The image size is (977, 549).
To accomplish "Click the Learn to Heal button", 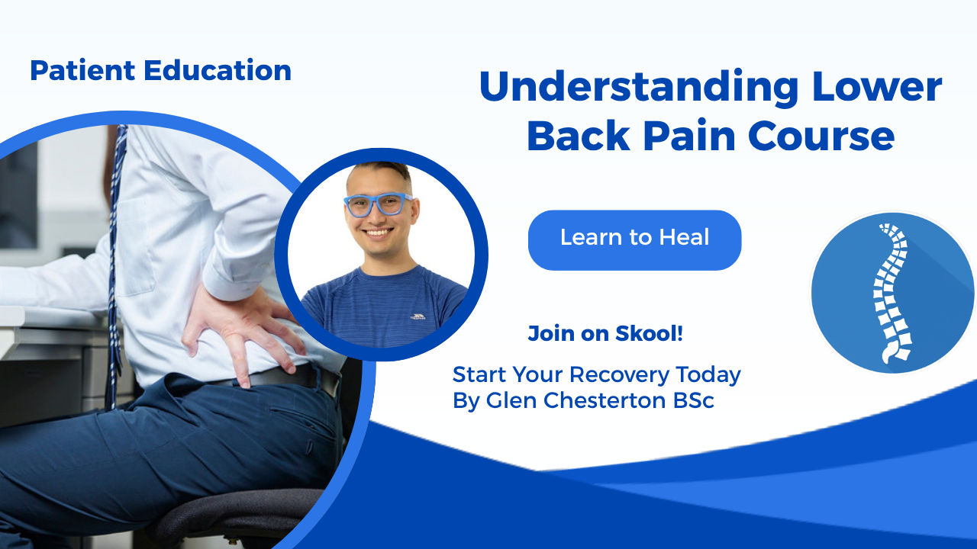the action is coord(634,240).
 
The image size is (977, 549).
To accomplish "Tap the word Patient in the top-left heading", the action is coord(82,70).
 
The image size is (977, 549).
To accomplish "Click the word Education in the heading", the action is coord(218,70).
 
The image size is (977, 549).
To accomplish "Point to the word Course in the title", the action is coord(821,136).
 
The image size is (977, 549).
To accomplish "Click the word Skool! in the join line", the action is coord(649,333).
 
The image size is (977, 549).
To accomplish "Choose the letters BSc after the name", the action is coord(694,400).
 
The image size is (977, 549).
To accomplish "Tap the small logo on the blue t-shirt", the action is coord(418,316).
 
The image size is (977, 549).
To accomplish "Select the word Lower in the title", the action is coord(877,86).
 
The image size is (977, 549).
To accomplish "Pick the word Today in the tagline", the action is coord(708,375).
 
